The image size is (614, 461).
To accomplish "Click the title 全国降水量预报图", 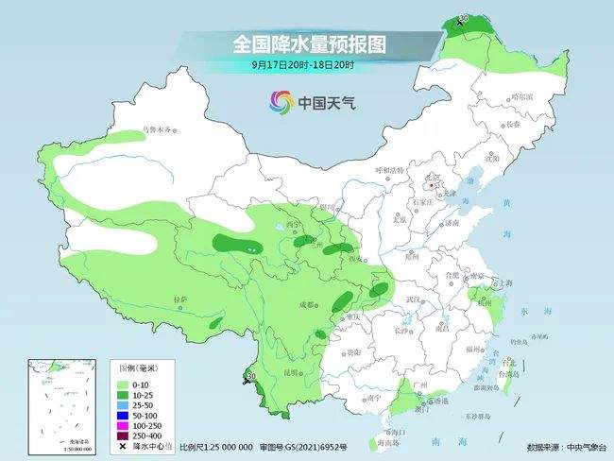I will pyautogui.click(x=310, y=44).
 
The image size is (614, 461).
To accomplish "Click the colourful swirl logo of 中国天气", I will pyautogui.click(x=281, y=101).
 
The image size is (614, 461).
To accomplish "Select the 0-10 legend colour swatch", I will pyautogui.click(x=124, y=384).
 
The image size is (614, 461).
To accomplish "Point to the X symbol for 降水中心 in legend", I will pyautogui.click(x=124, y=447).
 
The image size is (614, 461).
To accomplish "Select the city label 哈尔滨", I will pyautogui.click(x=521, y=97).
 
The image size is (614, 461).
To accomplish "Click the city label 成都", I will pyautogui.click(x=308, y=304).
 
